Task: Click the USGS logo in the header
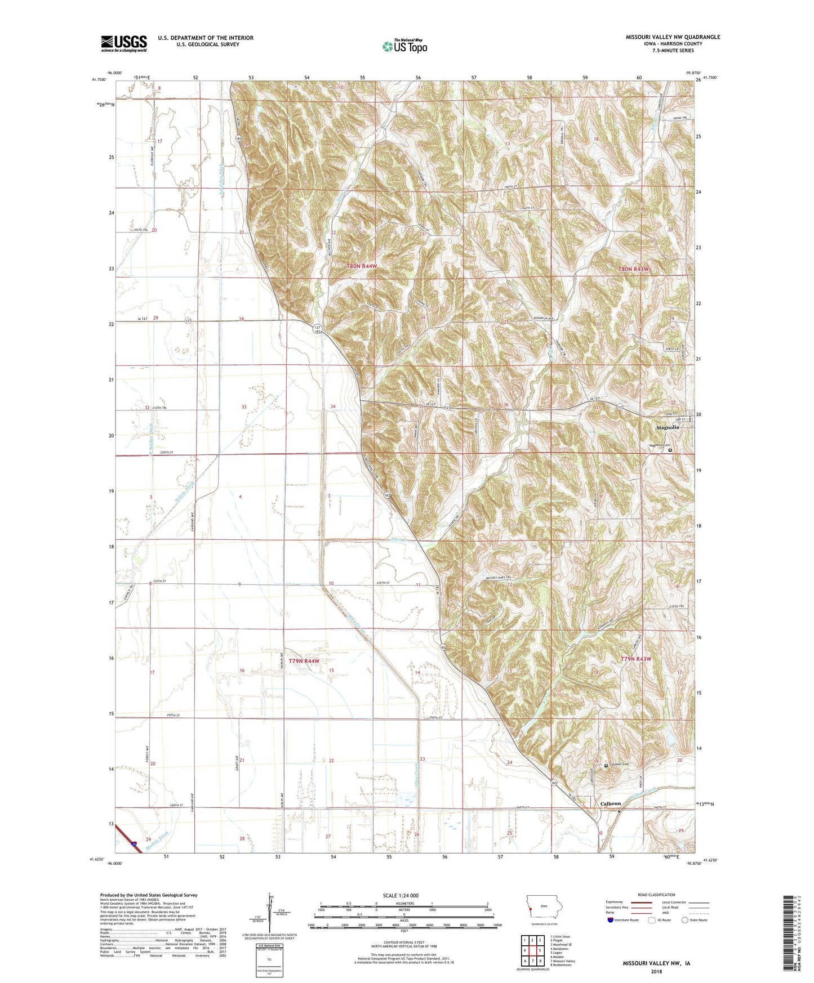point(124,43)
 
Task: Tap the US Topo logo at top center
point(404,46)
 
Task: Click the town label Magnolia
point(668,427)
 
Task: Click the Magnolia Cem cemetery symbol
point(670,450)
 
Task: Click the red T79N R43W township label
point(636,659)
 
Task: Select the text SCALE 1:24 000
point(401,895)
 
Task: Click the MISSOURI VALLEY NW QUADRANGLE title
point(673,37)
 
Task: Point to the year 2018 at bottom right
point(656,971)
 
